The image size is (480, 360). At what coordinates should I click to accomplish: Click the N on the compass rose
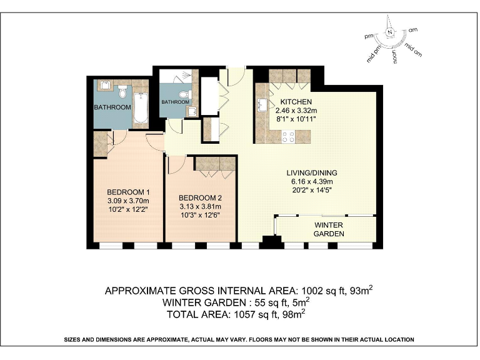pyautogui.click(x=390, y=32)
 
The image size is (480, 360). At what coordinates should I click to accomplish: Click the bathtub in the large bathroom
pyautogui.click(x=140, y=107)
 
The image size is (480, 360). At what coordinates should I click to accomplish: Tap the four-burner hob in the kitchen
pyautogui.click(x=288, y=136)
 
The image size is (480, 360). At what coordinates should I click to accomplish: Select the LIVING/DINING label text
pyautogui.click(x=312, y=173)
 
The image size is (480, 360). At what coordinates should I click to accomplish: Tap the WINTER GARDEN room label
pyautogui.click(x=329, y=229)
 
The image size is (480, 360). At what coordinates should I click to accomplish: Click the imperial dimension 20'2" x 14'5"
pyautogui.click(x=312, y=191)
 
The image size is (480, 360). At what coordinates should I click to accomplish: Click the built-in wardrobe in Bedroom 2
pyautogui.click(x=214, y=163)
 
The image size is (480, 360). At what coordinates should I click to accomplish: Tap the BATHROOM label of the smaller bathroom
pyautogui.click(x=175, y=102)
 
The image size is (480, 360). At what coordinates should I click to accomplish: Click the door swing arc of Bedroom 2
pyautogui.click(x=176, y=164)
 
